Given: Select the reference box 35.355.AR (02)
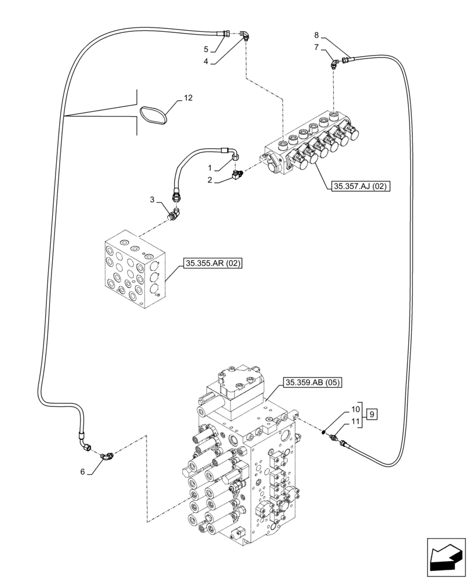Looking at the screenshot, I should click(x=213, y=263).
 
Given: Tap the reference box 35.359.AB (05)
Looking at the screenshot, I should click(x=313, y=382).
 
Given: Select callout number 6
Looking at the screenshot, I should click(x=83, y=472).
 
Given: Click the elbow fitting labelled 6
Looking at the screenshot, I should click(x=107, y=456).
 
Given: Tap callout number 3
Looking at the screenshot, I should click(x=152, y=199).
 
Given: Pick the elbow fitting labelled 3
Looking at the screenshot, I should click(x=173, y=214).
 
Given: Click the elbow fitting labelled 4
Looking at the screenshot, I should click(x=246, y=36).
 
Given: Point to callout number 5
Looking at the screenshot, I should click(x=206, y=49).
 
